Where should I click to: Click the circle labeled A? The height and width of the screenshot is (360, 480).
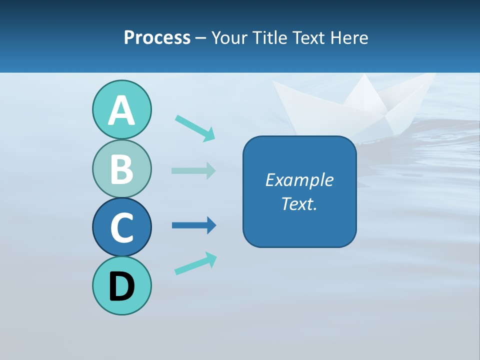121,109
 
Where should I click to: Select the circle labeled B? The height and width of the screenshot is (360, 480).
121,168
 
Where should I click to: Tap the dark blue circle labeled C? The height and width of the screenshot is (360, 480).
121,227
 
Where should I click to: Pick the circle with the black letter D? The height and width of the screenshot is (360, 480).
121,285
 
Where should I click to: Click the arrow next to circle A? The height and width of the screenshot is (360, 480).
194,128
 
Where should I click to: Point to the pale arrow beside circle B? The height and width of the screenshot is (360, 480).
193,170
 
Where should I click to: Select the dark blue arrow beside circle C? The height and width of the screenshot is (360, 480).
193,225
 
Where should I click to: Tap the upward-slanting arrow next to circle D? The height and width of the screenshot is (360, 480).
195,263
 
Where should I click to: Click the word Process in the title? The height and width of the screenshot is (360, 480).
157,37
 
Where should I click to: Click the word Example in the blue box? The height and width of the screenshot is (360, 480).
299,180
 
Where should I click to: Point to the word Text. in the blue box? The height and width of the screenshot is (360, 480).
299,203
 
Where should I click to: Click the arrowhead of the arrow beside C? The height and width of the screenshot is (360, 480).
211,225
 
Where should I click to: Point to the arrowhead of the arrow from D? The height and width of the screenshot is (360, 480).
211,258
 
